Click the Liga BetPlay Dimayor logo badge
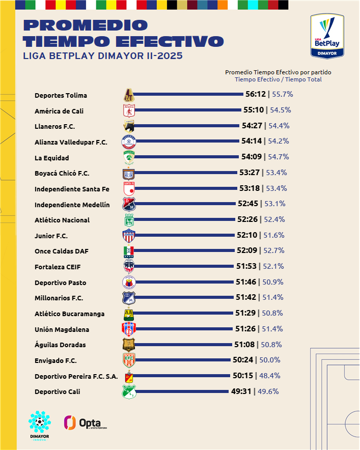tap(327, 36)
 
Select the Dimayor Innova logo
tap(40, 426)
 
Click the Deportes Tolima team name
tap(61, 95)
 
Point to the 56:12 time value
tap(256, 94)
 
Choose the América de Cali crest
tap(129, 110)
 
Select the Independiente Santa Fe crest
tap(129, 189)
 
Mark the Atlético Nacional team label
tap(62, 220)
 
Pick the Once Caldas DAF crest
tap(129, 251)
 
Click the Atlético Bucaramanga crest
tap(129, 314)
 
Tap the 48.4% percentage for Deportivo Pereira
tap(270, 376)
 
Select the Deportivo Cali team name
tap(58, 391)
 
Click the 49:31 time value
tap(241, 391)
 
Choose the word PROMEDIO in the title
tap(86, 25)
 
